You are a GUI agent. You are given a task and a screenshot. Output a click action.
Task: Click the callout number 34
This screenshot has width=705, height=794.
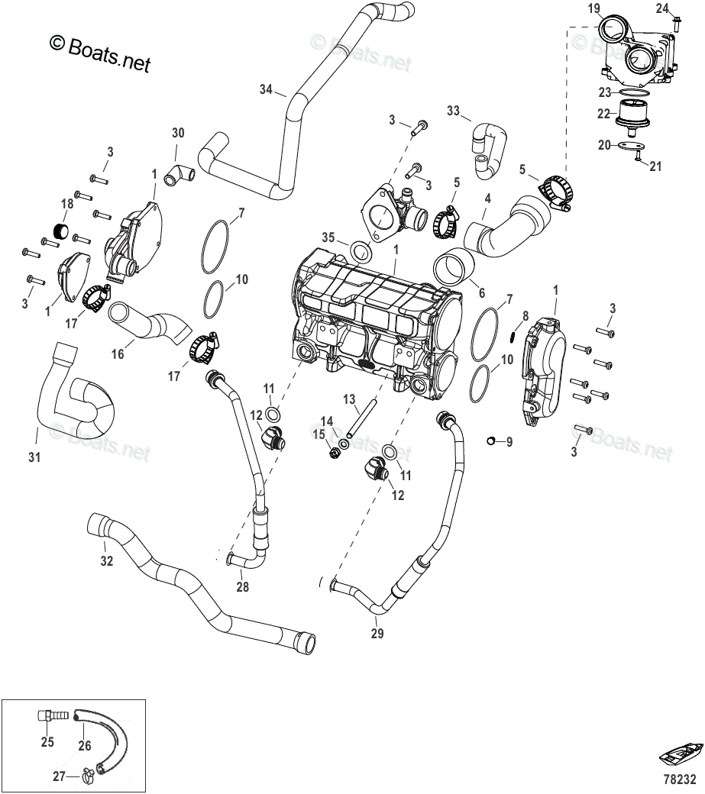pos(266,89)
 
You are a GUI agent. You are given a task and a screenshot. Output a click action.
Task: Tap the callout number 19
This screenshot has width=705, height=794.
pos(594,8)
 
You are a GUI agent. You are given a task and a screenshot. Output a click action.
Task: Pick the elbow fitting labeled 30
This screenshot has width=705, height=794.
pos(179,175)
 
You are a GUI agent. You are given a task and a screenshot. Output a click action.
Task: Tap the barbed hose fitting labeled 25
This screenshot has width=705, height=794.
pos(53,715)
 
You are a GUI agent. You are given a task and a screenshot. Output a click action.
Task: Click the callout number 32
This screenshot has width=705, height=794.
pos(106,561)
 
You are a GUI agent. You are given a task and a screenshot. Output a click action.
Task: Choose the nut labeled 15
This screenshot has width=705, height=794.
pos(334,453)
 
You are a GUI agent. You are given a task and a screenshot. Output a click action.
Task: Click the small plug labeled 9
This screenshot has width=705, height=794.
pos(490,441)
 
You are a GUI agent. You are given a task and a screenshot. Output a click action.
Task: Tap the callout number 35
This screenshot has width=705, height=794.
pos(328,237)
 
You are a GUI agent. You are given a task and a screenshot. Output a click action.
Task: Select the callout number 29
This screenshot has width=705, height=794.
pos(377,633)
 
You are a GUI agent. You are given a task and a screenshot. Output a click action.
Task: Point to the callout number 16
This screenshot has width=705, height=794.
pos(118,353)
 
